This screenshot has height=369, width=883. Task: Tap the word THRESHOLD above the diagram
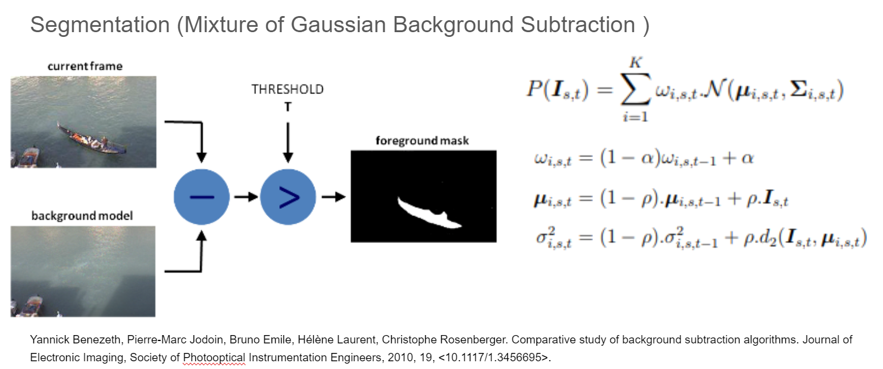click(288, 89)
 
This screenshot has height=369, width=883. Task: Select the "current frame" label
click(85, 66)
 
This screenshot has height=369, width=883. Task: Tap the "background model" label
click(82, 216)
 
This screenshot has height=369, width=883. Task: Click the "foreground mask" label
click(422, 141)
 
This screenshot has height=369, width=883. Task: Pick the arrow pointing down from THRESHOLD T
click(288, 140)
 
